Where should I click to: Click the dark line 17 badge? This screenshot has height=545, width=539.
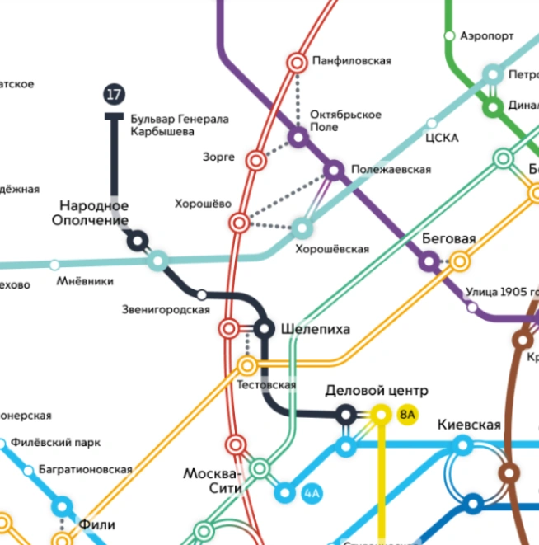pyautogui.click(x=114, y=94)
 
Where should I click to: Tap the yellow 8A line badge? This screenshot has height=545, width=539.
pyautogui.click(x=407, y=415)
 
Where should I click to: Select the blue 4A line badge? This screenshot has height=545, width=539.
pyautogui.click(x=311, y=494)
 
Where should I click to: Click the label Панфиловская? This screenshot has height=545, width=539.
pyautogui.click(x=351, y=61)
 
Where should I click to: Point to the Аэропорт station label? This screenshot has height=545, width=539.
pyautogui.click(x=486, y=35)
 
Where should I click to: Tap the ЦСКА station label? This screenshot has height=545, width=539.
pyautogui.click(x=441, y=138)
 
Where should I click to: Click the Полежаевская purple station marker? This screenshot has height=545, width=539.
pyautogui.click(x=334, y=170)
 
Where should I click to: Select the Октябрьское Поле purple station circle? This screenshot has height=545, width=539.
pyautogui.click(x=298, y=137)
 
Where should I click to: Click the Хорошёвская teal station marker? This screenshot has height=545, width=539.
pyautogui.click(x=303, y=227)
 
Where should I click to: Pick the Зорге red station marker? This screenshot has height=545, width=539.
pyautogui.click(x=256, y=160)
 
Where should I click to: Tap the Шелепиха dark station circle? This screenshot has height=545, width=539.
pyautogui.click(x=264, y=329)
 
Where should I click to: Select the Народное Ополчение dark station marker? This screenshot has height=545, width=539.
pyautogui.click(x=137, y=241)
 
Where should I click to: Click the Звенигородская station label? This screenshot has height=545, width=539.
pyautogui.click(x=165, y=309)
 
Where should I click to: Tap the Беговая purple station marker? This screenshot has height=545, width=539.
pyautogui.click(x=429, y=261)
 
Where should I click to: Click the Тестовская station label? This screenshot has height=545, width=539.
pyautogui.click(x=265, y=385)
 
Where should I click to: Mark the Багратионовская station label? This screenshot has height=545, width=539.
pyautogui.click(x=85, y=469)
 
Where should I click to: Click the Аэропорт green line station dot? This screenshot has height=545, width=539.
pyautogui.click(x=449, y=35)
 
